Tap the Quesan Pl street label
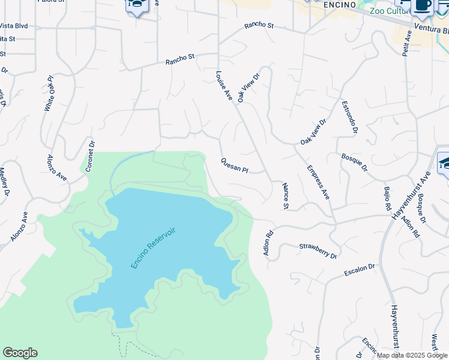tap(234, 165)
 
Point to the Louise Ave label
tap(224, 85)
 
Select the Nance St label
tap(286, 196)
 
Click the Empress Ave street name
tap(318, 182)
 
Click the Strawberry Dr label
tap(318, 251)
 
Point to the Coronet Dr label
tap(91, 156)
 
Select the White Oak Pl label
tap(49, 94)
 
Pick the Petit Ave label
tap(407, 44)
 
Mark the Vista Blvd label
tap(14, 26)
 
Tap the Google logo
tap(20, 353)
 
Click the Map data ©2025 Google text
tap(412, 355)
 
